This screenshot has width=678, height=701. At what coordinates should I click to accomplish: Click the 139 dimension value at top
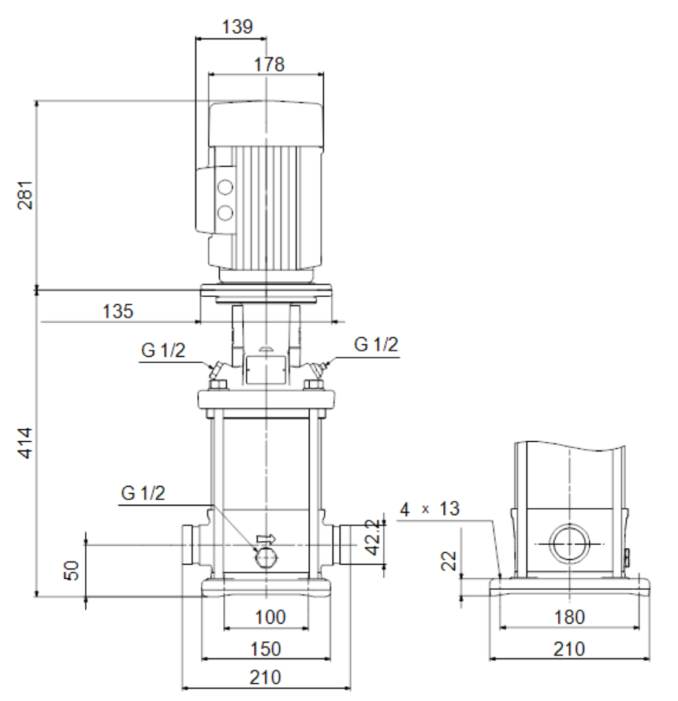[237, 27]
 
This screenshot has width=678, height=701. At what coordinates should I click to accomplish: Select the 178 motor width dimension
[269, 65]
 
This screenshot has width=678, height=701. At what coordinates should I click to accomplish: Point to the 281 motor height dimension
[25, 195]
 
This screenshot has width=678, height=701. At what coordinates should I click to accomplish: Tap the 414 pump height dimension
[25, 443]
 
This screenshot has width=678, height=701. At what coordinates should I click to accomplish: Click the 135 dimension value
[117, 311]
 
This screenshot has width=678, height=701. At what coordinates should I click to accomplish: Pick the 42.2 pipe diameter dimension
[373, 537]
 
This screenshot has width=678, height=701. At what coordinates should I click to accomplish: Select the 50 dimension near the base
[72, 570]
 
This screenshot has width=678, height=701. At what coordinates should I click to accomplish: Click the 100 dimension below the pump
[270, 618]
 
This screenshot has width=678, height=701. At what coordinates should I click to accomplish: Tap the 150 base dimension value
[266, 649]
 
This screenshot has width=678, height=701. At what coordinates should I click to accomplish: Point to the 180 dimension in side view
[569, 618]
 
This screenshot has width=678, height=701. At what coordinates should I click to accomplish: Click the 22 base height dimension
[449, 561]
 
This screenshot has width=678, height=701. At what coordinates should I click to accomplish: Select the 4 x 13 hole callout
[429, 509]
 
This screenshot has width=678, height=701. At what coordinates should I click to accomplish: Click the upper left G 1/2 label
[163, 350]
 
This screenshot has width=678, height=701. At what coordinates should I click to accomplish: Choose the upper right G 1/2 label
[376, 345]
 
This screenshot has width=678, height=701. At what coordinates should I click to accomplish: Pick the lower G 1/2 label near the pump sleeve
[143, 493]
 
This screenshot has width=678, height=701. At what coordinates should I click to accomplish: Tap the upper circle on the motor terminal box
[225, 187]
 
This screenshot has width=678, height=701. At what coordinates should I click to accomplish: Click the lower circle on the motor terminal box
[225, 213]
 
